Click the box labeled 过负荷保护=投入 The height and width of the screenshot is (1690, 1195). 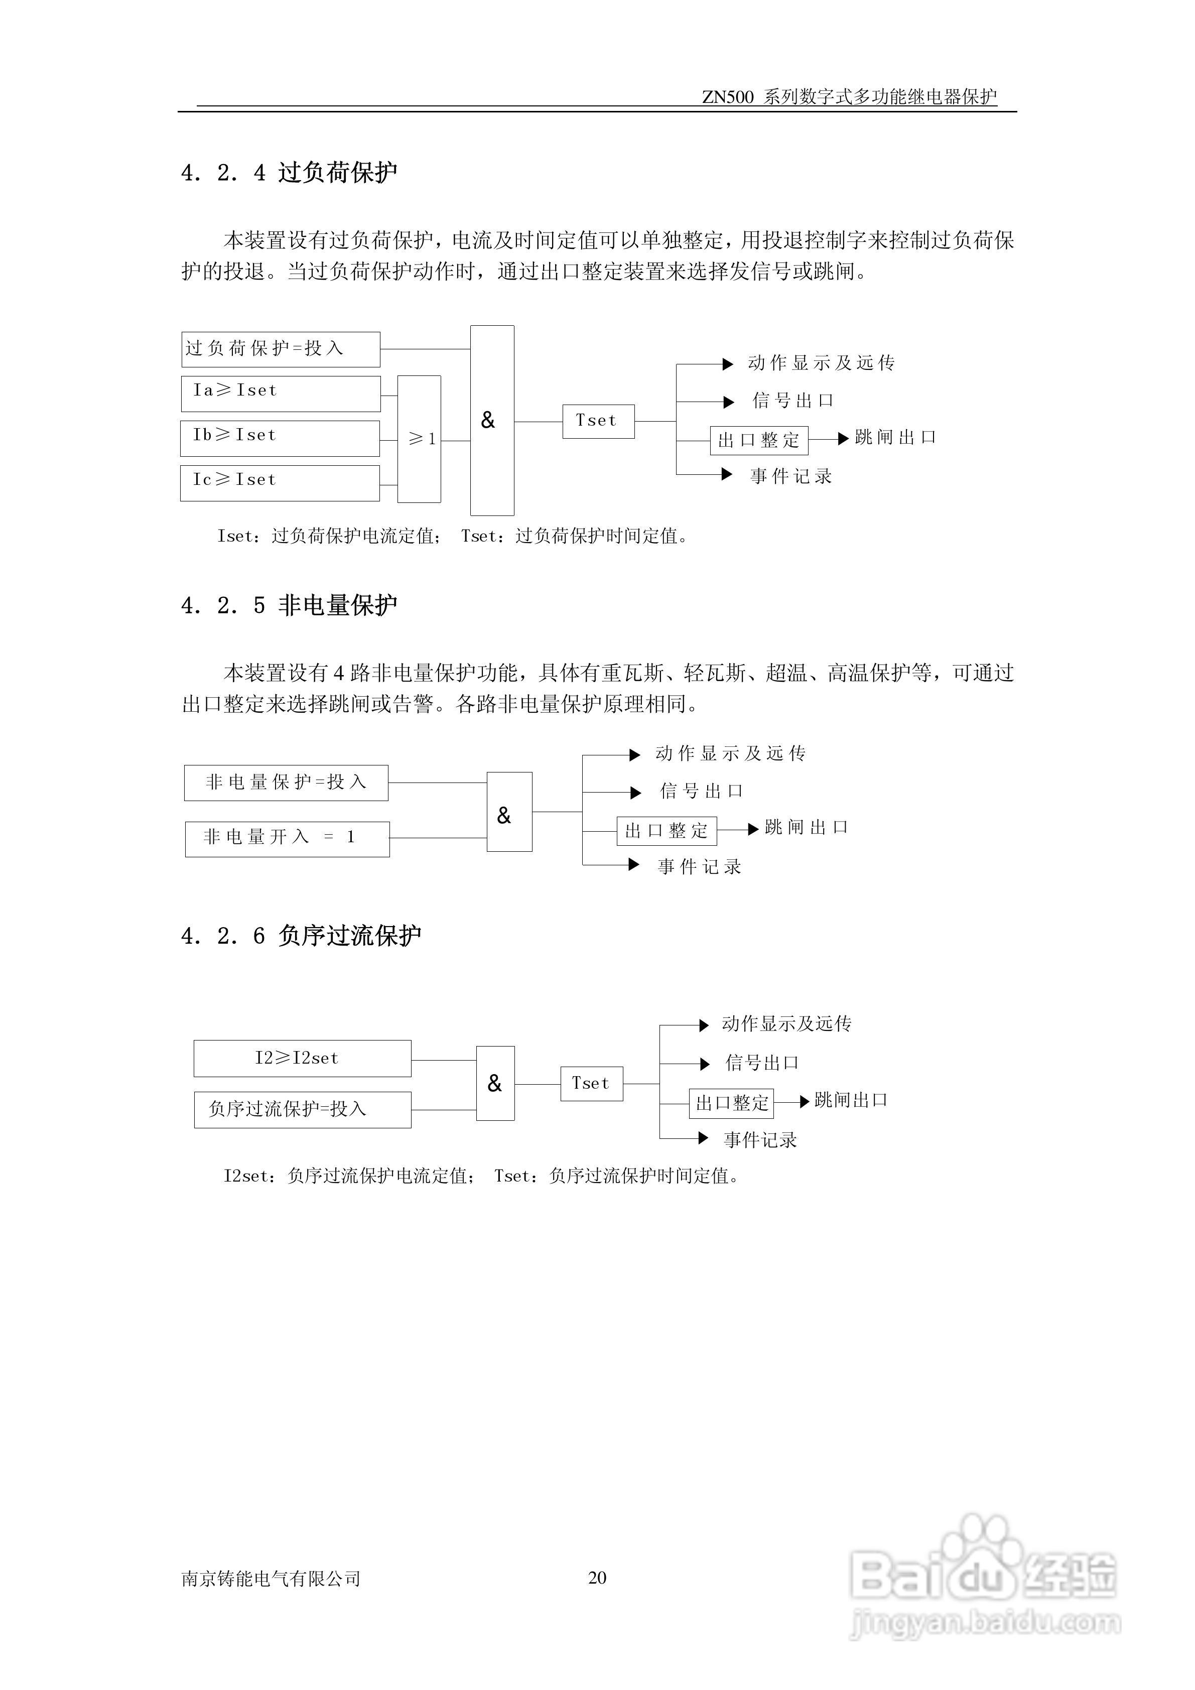(281, 349)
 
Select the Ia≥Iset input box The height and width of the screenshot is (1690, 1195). (281, 393)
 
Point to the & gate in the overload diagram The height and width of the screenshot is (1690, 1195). (491, 420)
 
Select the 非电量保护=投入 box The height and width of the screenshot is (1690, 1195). (286, 783)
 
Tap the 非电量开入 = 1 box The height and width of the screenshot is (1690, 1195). (287, 838)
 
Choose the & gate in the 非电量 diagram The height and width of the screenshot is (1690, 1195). (509, 812)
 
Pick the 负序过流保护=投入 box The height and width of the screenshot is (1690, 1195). (303, 1109)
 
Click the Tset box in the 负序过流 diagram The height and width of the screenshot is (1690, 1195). (592, 1084)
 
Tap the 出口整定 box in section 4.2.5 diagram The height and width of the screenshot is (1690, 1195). (667, 831)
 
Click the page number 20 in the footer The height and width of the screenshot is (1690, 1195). (597, 1578)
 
